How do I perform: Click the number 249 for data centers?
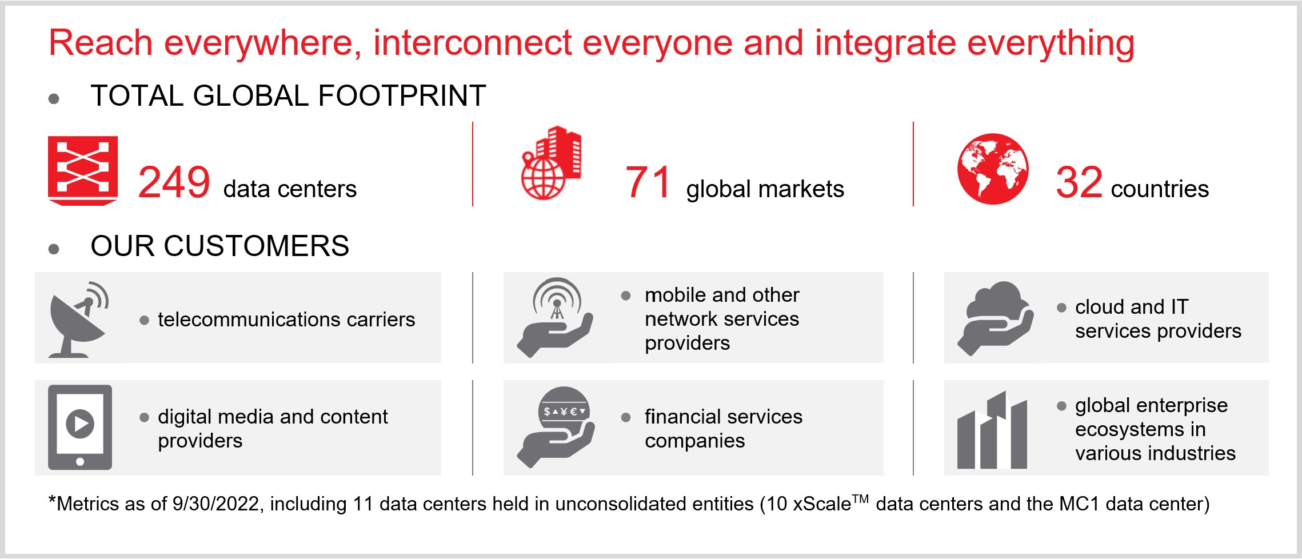point(174,182)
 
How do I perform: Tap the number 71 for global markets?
point(648,182)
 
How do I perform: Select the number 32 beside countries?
point(1079,182)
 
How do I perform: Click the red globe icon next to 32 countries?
point(993,169)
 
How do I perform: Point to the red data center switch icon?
point(83,170)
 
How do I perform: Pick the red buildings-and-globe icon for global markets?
point(551,163)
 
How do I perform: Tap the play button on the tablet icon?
point(80,424)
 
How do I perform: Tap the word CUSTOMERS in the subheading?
point(256,246)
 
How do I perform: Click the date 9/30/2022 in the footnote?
point(216,504)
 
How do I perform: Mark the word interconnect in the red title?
point(473,43)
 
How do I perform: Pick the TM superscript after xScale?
point(860,499)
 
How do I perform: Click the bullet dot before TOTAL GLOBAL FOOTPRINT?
point(54,99)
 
